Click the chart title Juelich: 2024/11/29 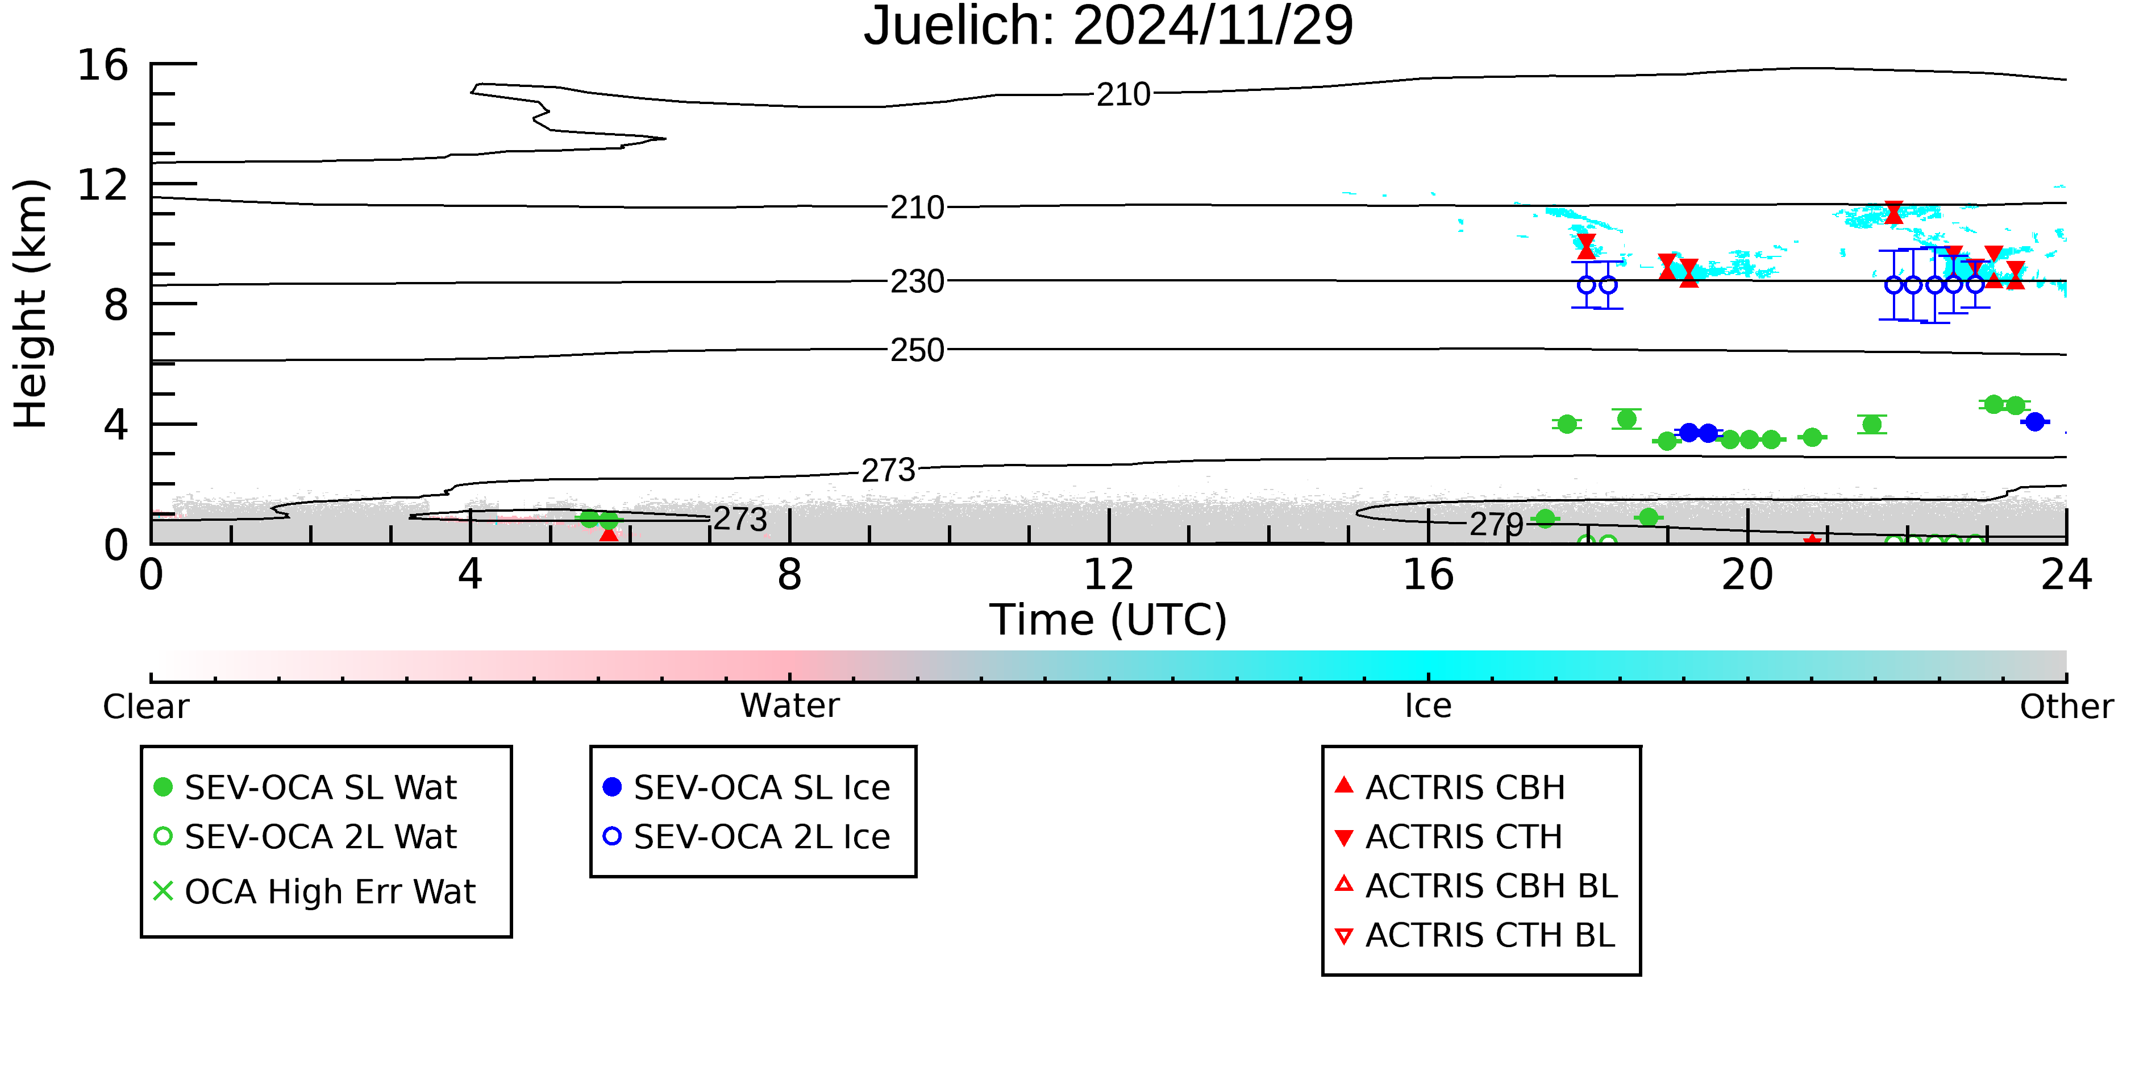click(x=1109, y=27)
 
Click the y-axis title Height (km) click(x=31, y=304)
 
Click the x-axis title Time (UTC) click(x=1109, y=619)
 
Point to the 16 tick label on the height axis click(x=103, y=65)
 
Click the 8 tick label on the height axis click(x=116, y=305)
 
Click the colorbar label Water click(x=790, y=706)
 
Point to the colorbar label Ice click(x=1428, y=706)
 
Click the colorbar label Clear click(x=145, y=707)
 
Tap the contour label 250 click(x=917, y=351)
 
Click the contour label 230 click(x=917, y=282)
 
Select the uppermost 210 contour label click(x=1123, y=95)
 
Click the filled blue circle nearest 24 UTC click(x=2034, y=422)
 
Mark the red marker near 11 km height click(x=1893, y=213)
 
